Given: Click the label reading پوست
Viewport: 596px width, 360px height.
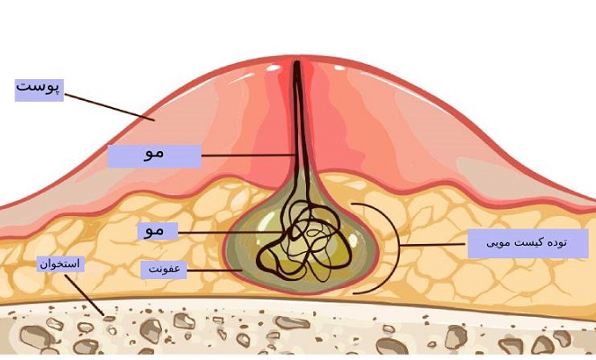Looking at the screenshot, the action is click(39, 90).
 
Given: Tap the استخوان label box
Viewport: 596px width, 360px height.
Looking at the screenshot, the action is click(60, 264).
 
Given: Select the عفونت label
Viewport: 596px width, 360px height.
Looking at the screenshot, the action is click(164, 269).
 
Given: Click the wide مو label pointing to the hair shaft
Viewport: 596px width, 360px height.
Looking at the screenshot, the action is click(154, 156).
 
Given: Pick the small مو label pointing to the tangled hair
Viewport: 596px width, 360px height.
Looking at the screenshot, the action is click(158, 231).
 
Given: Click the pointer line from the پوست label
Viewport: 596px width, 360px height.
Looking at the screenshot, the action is click(109, 108).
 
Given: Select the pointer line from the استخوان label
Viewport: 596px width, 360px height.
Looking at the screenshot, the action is click(84, 295).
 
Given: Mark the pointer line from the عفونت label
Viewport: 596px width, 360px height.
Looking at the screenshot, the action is click(215, 271).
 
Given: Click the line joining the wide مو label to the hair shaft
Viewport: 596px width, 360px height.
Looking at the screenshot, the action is click(248, 156).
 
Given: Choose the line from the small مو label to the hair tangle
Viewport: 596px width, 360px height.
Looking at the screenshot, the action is click(231, 232).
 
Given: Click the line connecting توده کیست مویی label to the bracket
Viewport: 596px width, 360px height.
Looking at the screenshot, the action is click(434, 245).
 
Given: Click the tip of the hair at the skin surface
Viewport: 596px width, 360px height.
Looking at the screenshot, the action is click(296, 62).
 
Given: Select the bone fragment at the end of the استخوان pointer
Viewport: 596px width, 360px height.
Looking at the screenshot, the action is click(109, 319).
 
